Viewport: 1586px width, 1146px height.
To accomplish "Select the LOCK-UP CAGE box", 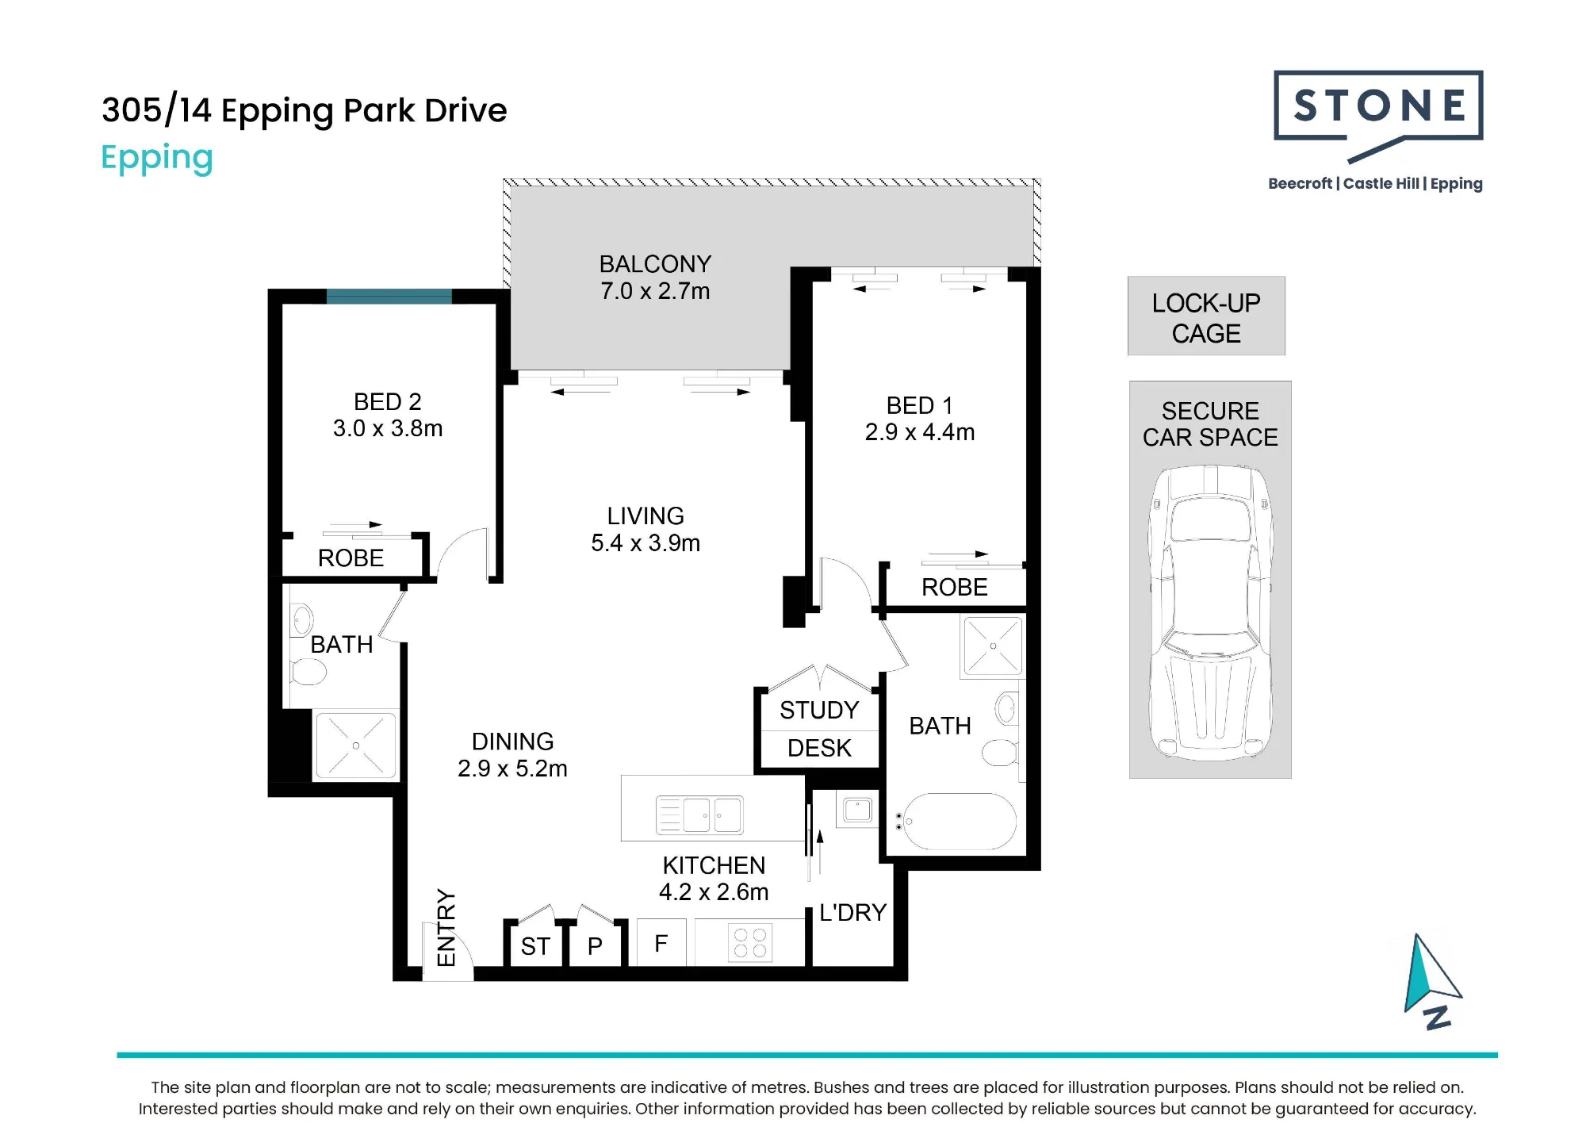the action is [x=1206, y=316].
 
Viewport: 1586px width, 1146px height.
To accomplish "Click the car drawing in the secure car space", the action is [x=1210, y=612].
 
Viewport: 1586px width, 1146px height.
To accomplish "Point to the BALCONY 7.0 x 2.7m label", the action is [x=655, y=278].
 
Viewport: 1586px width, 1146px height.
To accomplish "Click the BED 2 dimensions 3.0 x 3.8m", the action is [x=388, y=428].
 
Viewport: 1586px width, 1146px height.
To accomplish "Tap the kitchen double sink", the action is [x=699, y=814].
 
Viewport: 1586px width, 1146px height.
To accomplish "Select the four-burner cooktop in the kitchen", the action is [x=750, y=942].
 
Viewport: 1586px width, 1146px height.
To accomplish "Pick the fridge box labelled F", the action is [x=661, y=942].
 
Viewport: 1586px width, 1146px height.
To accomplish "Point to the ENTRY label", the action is [x=446, y=928].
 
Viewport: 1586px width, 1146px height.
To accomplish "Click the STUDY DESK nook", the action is [x=819, y=730].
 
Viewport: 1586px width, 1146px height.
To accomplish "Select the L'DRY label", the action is [x=852, y=913].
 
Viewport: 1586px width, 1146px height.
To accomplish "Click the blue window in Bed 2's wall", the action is [x=389, y=297].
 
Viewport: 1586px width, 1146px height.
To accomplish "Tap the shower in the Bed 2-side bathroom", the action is [x=356, y=745].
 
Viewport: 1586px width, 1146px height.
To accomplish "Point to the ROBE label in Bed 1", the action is [x=955, y=588].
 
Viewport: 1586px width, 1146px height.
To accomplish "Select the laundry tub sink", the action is [x=857, y=811].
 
